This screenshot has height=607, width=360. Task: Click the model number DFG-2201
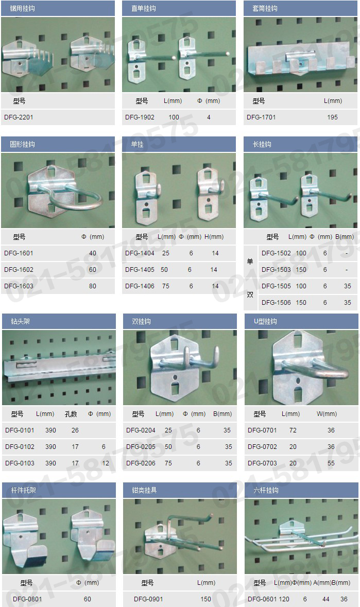point(19,117)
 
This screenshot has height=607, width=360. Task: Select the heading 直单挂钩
point(144,8)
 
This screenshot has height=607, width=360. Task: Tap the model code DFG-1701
point(261,117)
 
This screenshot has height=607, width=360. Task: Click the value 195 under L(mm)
point(333,117)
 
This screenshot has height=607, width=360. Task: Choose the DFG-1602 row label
point(19,269)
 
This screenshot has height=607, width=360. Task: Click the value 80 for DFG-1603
point(93,286)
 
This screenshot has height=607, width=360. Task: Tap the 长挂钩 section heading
point(262,144)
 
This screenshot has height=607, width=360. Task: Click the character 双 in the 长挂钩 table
point(250,294)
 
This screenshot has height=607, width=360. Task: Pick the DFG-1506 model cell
point(276,302)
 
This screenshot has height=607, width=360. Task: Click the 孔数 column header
point(71,413)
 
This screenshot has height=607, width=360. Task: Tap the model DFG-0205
point(141,446)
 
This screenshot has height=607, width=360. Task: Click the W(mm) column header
point(327,413)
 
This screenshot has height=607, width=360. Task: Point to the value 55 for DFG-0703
point(331,463)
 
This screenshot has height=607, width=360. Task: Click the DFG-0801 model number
point(27,599)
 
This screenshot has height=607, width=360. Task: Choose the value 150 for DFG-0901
point(206,599)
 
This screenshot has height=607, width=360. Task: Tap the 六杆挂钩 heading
point(266,490)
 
